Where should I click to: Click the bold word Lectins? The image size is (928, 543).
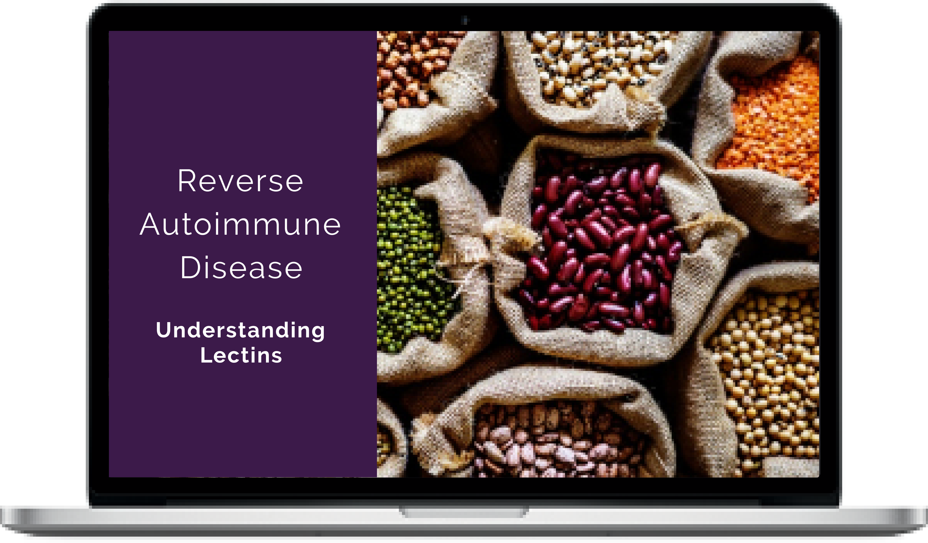(241, 355)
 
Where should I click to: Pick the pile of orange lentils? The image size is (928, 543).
(770, 125)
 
